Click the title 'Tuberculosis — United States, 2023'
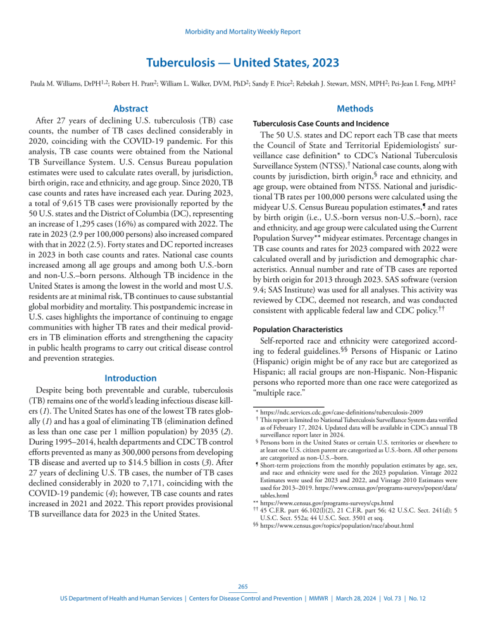click(x=243, y=63)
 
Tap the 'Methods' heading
click(x=356, y=109)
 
